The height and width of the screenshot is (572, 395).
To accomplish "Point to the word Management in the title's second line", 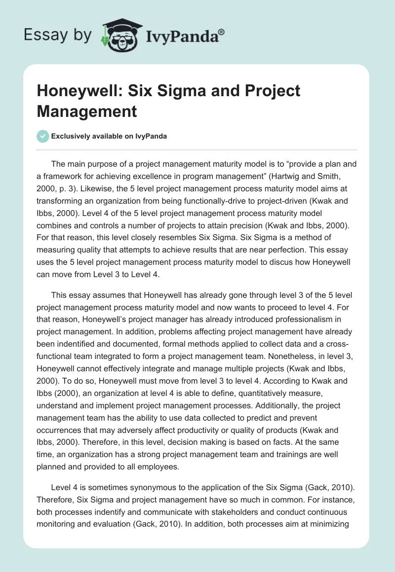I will click(x=87, y=111).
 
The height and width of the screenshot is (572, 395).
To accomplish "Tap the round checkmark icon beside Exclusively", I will click(x=43, y=136).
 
